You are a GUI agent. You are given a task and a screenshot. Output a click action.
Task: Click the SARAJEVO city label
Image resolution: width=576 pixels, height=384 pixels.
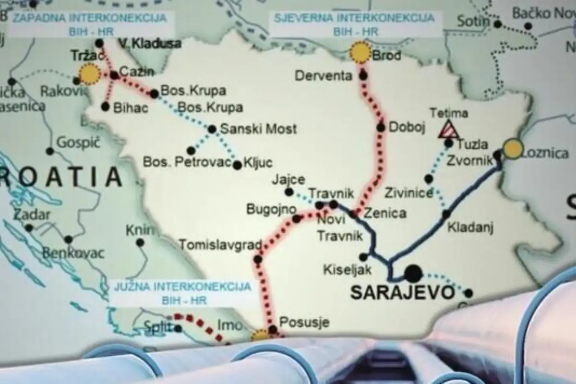pos(402,292)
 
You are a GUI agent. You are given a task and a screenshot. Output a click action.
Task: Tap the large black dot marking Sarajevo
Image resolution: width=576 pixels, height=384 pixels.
pos(413,274)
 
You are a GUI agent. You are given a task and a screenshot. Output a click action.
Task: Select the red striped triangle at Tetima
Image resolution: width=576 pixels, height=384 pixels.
pos(448,129)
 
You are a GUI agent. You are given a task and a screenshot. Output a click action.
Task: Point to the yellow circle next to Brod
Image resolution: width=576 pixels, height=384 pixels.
pos(360,53)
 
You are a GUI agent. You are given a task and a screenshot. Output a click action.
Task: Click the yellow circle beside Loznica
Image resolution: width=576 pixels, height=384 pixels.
pos(513,149)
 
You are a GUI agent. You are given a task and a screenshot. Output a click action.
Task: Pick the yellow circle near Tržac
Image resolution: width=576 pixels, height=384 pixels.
pos(89,74)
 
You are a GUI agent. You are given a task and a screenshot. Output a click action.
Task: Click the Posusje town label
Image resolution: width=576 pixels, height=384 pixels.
pos(304,322)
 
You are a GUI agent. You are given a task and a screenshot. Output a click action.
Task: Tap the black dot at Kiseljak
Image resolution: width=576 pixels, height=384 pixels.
pos(363,257)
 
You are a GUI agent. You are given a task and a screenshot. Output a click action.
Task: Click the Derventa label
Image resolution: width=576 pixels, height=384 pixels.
pos(324,76)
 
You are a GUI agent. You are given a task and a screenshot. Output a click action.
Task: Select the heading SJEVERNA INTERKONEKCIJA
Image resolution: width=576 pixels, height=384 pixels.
pos(354,18)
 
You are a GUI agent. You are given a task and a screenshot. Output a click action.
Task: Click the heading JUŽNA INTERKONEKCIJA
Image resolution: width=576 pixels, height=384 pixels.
pos(182,287)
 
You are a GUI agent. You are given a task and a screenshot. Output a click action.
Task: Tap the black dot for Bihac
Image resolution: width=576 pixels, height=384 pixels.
pos(106,107)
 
